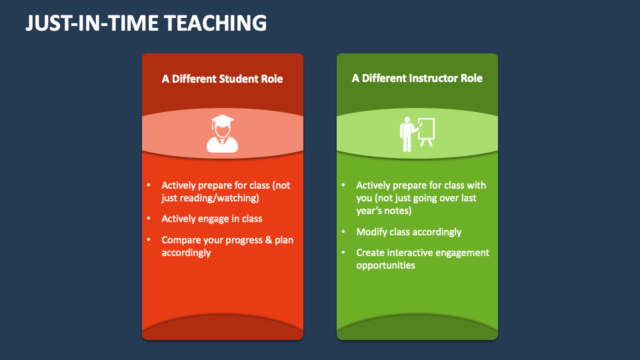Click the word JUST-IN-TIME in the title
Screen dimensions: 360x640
[x=91, y=23]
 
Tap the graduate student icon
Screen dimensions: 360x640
[x=223, y=134]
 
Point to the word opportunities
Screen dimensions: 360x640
[x=385, y=265]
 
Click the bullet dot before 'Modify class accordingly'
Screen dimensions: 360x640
[x=343, y=232]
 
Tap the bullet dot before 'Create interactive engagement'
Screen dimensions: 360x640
[x=343, y=253]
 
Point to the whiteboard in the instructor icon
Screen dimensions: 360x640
[x=426, y=128]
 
